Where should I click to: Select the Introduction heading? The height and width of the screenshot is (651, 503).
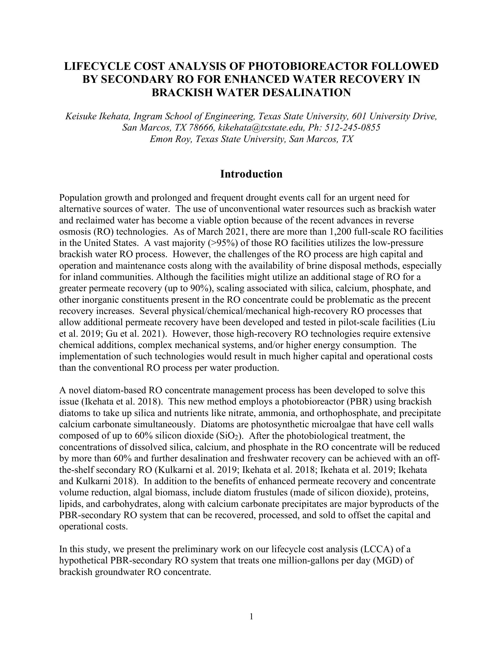251,174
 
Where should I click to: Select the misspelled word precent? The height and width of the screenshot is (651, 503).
416,299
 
